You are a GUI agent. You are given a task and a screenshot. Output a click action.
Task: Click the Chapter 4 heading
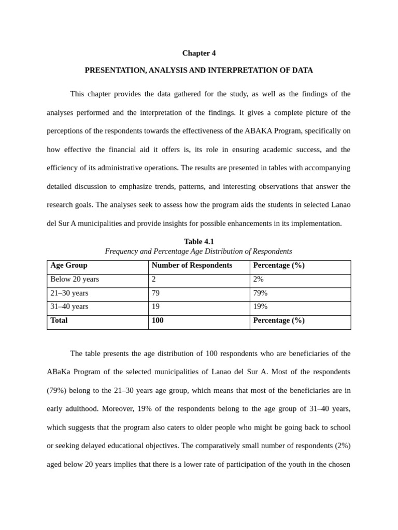(198, 53)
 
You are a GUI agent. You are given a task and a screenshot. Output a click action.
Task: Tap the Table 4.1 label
(198, 242)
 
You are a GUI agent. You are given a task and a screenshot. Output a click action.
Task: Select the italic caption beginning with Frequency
(198, 252)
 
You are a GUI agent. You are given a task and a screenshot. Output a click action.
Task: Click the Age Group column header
(69, 266)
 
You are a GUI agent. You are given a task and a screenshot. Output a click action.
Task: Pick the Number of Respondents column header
(192, 266)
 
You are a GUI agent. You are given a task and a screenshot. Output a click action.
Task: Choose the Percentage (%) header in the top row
(279, 266)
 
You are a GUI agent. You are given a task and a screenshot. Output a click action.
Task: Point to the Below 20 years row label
(75, 279)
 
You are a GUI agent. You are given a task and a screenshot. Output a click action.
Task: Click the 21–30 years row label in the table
(69, 293)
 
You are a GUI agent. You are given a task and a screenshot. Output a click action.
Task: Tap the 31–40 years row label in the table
(69, 306)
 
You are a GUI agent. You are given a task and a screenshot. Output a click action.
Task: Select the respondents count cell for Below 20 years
(154, 279)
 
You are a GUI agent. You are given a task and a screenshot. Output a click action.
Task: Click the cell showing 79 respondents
(156, 293)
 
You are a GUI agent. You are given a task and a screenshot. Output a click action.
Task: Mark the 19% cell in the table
(260, 306)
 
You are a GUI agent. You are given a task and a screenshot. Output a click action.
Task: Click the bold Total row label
(59, 320)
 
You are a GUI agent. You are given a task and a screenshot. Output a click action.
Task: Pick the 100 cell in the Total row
(158, 320)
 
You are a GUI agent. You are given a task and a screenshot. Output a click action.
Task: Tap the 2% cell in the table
(258, 279)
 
